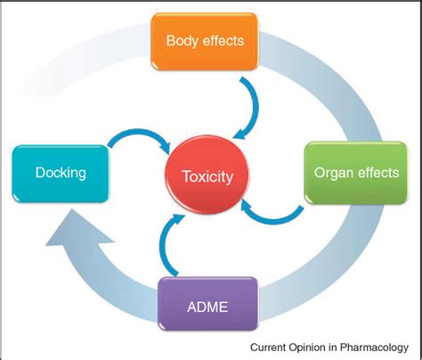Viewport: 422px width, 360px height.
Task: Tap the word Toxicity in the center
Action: pos(206,176)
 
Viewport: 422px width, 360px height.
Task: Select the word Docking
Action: pos(60,172)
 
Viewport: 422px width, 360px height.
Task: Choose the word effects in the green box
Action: pos(377,172)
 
